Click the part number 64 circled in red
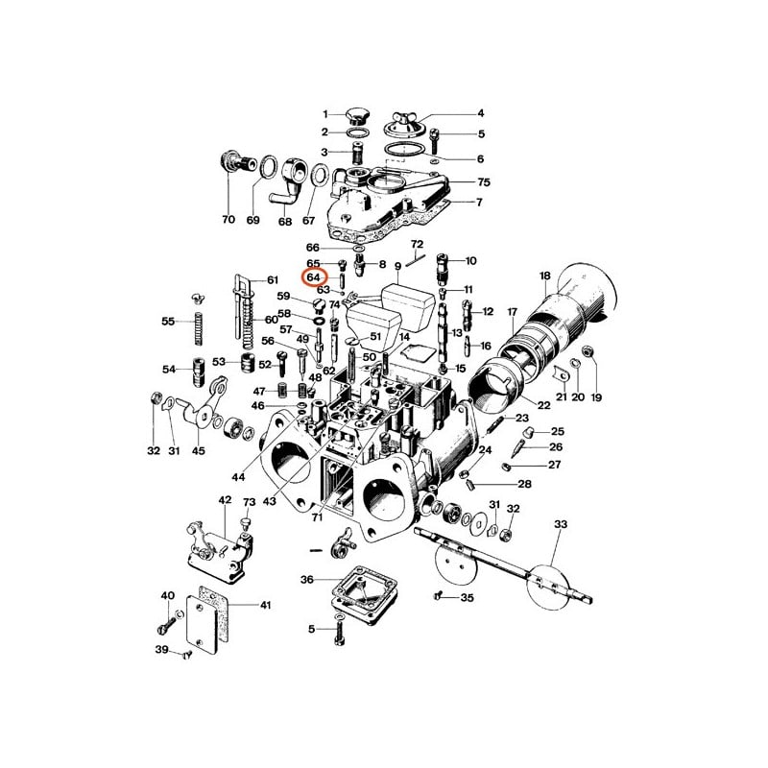tap(314, 277)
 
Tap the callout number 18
tap(545, 276)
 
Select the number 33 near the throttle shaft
tap(561, 524)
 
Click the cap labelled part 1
tap(355, 117)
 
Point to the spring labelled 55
tap(199, 328)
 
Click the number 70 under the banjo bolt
tap(228, 220)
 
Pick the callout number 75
tap(484, 182)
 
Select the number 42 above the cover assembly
tap(225, 500)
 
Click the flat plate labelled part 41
tap(202, 625)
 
